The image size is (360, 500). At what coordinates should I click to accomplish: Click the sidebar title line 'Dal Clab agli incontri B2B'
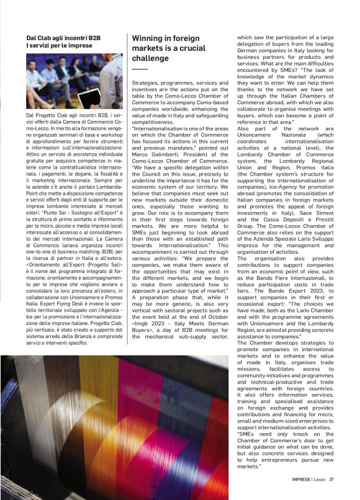point(68,38)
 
